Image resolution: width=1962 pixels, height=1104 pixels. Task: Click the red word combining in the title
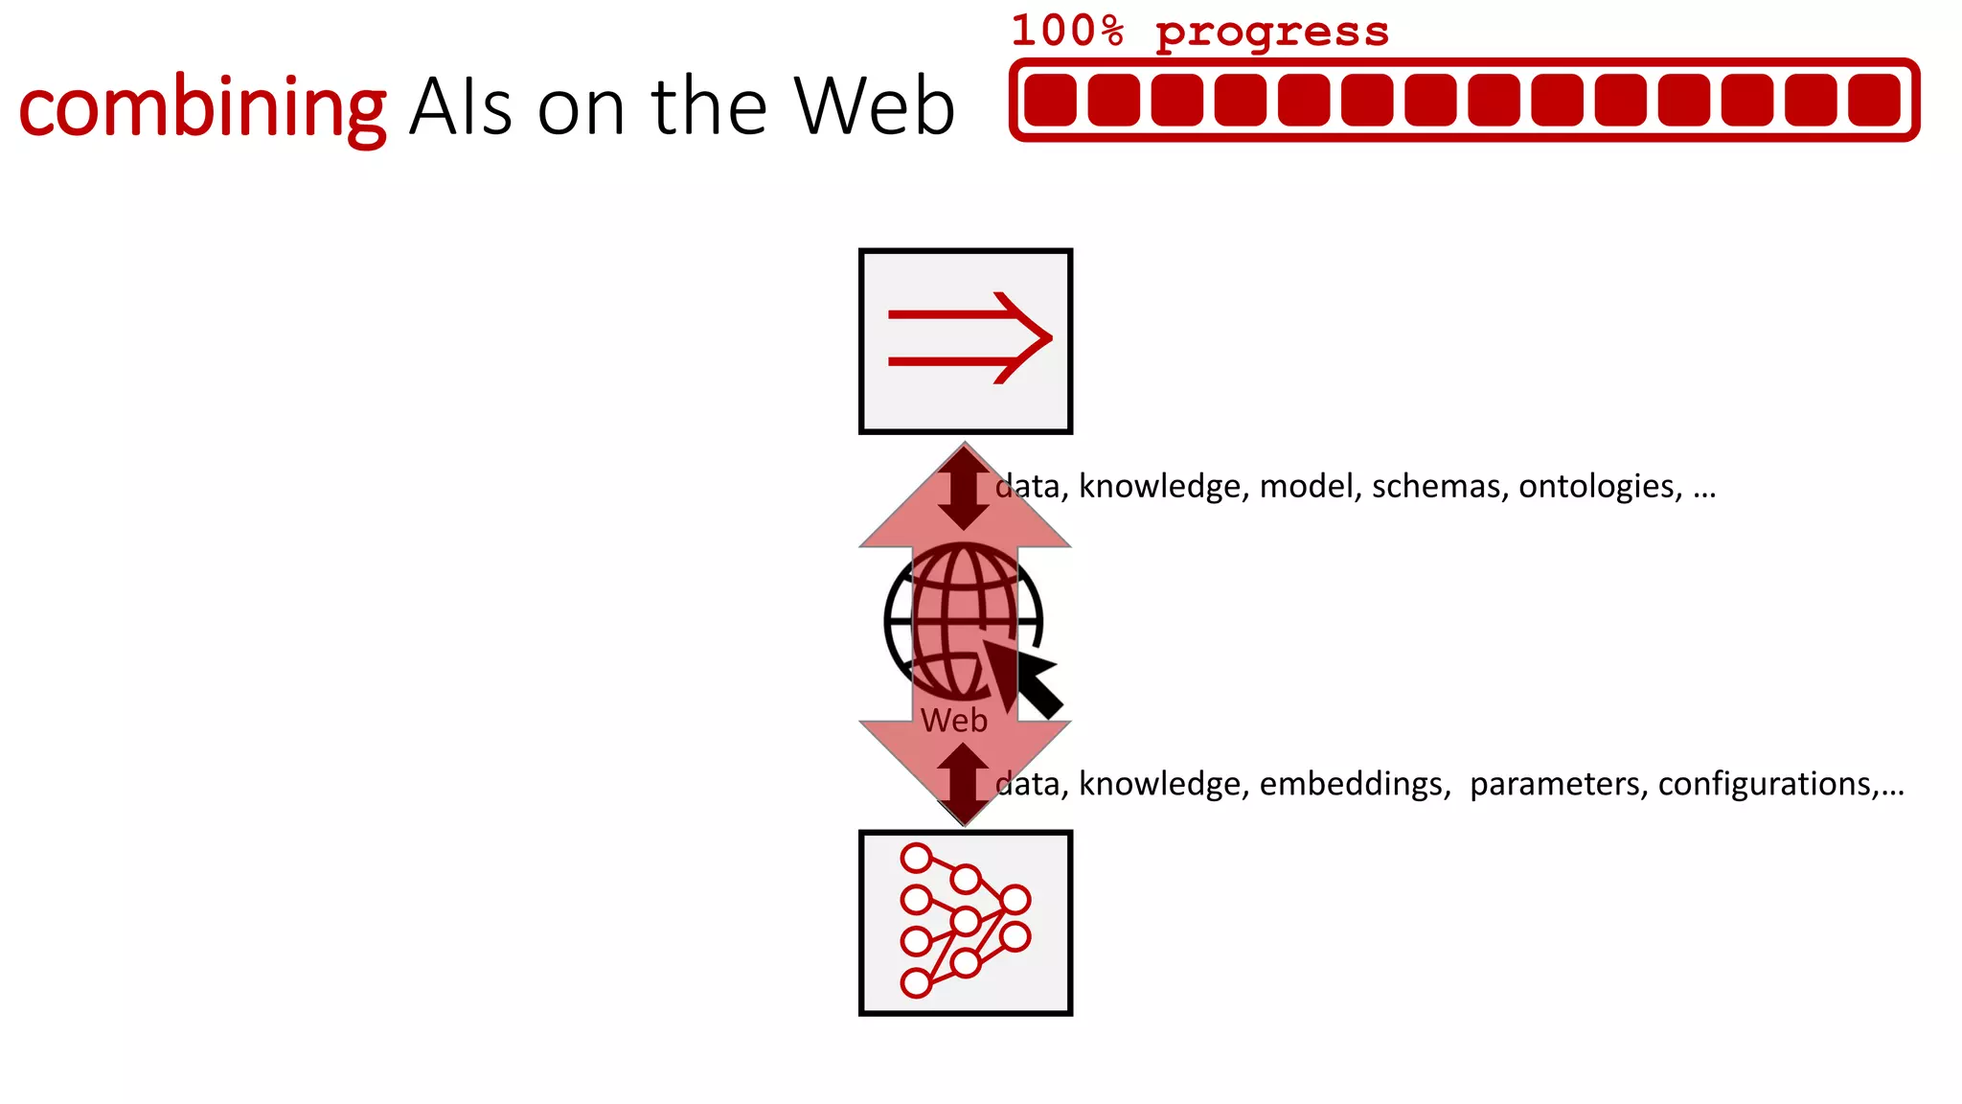pyautogui.click(x=202, y=107)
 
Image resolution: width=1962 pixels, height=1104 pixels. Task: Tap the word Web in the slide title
pyautogui.click(x=874, y=105)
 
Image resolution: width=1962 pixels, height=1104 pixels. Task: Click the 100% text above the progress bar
pyautogui.click(x=1067, y=31)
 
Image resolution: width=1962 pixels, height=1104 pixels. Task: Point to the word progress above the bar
pyautogui.click(x=1271, y=33)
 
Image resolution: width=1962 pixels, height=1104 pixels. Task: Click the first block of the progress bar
pyautogui.click(x=1050, y=100)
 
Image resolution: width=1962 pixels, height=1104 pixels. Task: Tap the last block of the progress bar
pyautogui.click(x=1874, y=100)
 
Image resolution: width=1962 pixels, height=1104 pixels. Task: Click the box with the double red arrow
pyautogui.click(x=965, y=341)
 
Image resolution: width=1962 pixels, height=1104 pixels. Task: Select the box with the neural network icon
pyautogui.click(x=965, y=922)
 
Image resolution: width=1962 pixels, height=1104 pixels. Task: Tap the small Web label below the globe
pyautogui.click(x=953, y=721)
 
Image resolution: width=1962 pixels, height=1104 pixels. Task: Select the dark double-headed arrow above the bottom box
pyautogui.click(x=963, y=783)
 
